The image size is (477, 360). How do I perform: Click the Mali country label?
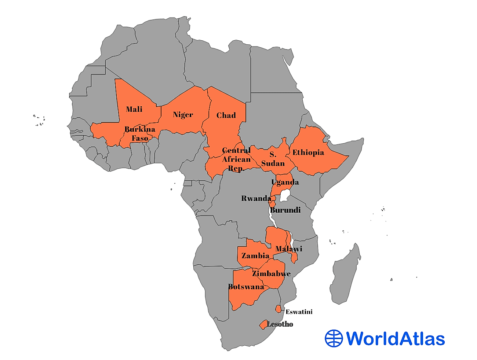134,109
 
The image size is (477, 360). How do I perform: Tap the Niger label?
183,115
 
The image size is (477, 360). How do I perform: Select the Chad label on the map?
226,115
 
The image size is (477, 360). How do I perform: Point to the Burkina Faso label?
140,134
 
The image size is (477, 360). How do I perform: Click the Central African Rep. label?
236,159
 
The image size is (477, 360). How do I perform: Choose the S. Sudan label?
273,159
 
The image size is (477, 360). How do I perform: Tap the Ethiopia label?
308,153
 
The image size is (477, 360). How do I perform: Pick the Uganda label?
285,182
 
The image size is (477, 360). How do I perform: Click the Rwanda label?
256,198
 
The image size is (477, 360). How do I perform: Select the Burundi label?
285,210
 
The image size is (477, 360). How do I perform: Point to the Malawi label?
289,249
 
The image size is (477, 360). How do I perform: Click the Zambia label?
255,256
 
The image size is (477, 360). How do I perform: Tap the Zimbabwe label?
271,273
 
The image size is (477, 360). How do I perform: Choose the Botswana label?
246,287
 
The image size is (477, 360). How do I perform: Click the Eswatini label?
299,312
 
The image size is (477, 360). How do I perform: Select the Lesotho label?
280,324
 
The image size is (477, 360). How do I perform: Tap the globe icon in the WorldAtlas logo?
334,338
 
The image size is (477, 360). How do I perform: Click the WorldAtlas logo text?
395,338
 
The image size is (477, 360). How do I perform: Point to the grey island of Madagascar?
345,275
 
